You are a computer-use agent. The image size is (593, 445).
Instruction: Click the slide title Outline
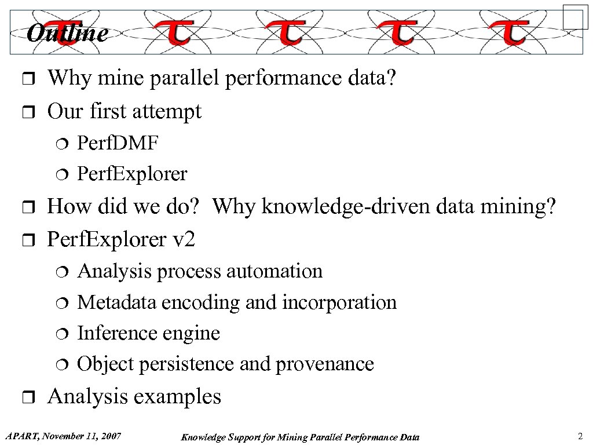point(67,34)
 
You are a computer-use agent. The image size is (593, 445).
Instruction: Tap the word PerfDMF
point(118,143)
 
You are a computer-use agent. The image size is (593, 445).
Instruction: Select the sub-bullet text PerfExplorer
point(132,174)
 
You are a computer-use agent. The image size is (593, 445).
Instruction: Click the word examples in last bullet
point(184,397)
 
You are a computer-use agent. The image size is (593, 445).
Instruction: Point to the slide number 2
point(580,436)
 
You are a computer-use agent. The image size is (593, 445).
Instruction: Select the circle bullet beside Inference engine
point(64,334)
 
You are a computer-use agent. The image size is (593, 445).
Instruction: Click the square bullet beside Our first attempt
point(32,112)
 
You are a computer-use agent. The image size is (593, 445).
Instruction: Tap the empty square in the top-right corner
point(575,17)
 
